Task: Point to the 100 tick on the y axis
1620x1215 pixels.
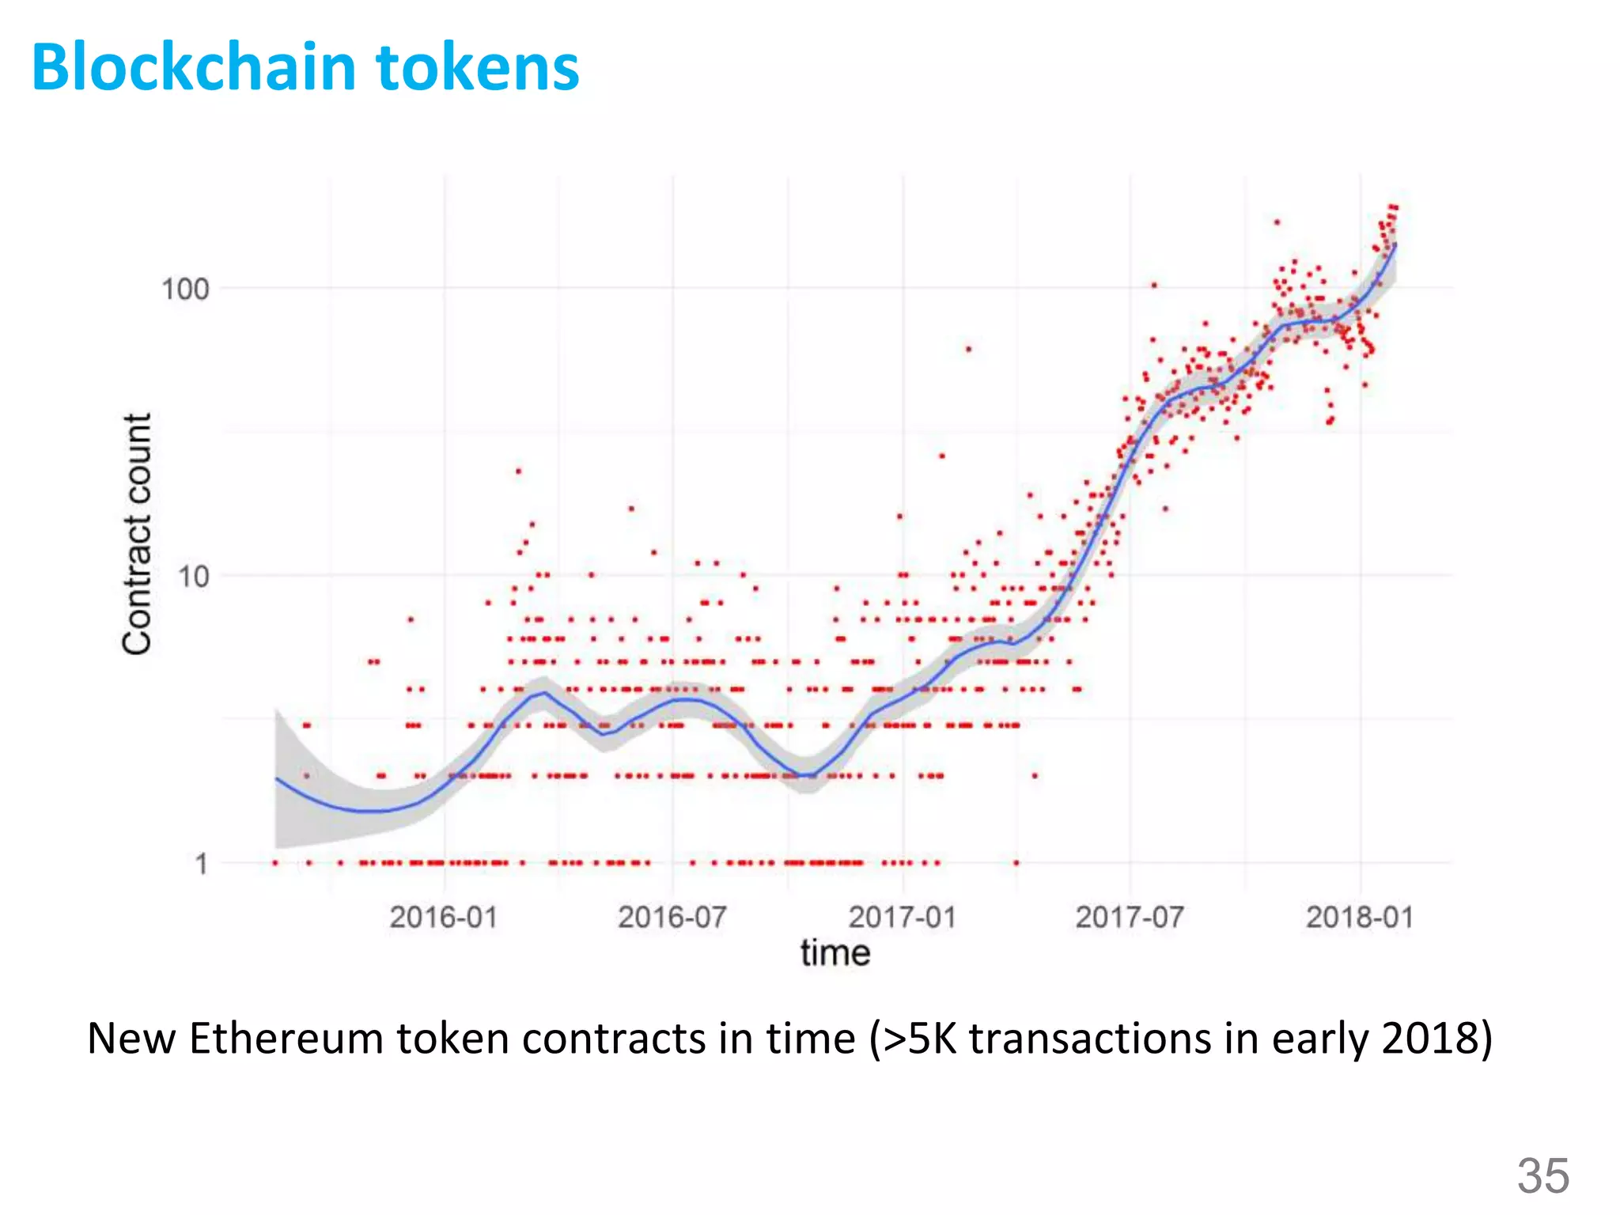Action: click(x=185, y=289)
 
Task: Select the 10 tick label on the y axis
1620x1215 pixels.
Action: click(x=193, y=577)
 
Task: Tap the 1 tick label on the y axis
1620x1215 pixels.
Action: click(x=202, y=863)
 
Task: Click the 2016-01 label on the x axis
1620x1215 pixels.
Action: click(x=443, y=918)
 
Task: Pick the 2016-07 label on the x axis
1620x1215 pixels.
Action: click(x=672, y=918)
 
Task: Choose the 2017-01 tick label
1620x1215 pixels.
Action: click(x=902, y=918)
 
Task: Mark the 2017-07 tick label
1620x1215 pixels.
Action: click(x=1130, y=918)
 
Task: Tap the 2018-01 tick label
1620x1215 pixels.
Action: click(x=1359, y=918)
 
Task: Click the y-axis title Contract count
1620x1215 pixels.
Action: click(x=136, y=533)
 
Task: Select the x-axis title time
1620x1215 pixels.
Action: click(x=835, y=952)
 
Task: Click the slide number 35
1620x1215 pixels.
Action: click(x=1542, y=1175)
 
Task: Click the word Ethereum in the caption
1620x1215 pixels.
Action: click(x=286, y=1039)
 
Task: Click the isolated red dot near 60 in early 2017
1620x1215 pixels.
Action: click(x=968, y=349)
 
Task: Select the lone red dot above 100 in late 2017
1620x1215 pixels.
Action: click(x=1277, y=222)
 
